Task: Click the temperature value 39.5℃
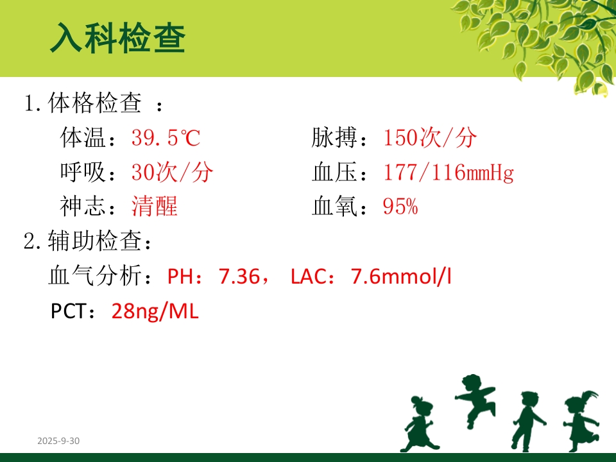coord(166,138)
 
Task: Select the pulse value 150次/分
coord(430,138)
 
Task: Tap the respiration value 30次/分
coord(172,172)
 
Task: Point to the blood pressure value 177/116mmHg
coord(448,172)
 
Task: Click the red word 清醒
coord(154,207)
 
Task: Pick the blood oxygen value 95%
coord(400,207)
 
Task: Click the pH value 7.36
coord(239,277)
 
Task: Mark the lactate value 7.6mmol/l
coord(401,277)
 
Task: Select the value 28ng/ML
coord(155,312)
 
